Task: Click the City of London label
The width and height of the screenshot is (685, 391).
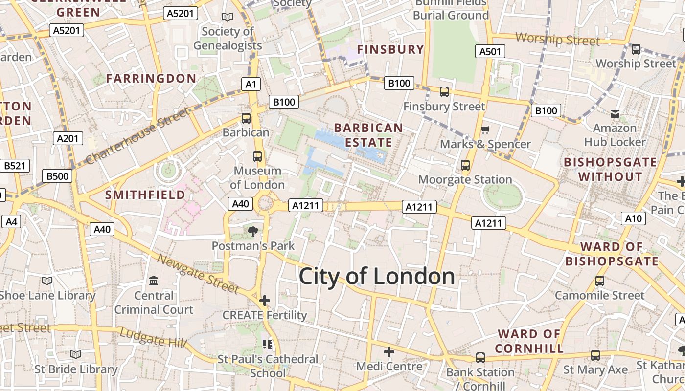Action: point(377,277)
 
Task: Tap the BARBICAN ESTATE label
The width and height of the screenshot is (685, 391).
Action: point(368,135)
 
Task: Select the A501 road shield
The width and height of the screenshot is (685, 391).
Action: point(490,51)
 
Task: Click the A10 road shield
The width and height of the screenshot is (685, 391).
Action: point(633,218)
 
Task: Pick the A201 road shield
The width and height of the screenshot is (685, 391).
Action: point(68,138)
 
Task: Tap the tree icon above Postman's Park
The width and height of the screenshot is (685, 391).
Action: point(253,231)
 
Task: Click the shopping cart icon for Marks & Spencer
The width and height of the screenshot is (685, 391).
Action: point(485,130)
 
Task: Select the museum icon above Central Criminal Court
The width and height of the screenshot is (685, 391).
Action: point(154,281)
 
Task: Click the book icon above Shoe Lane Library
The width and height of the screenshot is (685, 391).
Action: point(47,281)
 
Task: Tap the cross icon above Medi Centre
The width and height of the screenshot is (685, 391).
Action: point(389,352)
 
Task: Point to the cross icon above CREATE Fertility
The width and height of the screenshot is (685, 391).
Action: point(265,301)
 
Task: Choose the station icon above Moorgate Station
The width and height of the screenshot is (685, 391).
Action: point(465,165)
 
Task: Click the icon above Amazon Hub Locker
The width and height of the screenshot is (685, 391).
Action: point(615,114)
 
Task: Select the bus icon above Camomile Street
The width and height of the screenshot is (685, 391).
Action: point(599,281)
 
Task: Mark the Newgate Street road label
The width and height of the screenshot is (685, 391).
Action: point(198,274)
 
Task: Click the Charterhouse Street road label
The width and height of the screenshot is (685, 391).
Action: point(137,136)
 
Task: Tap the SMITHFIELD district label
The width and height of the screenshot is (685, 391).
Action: point(145,195)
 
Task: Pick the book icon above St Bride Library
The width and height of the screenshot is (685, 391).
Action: point(75,354)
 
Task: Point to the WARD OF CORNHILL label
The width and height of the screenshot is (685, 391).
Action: point(529,341)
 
